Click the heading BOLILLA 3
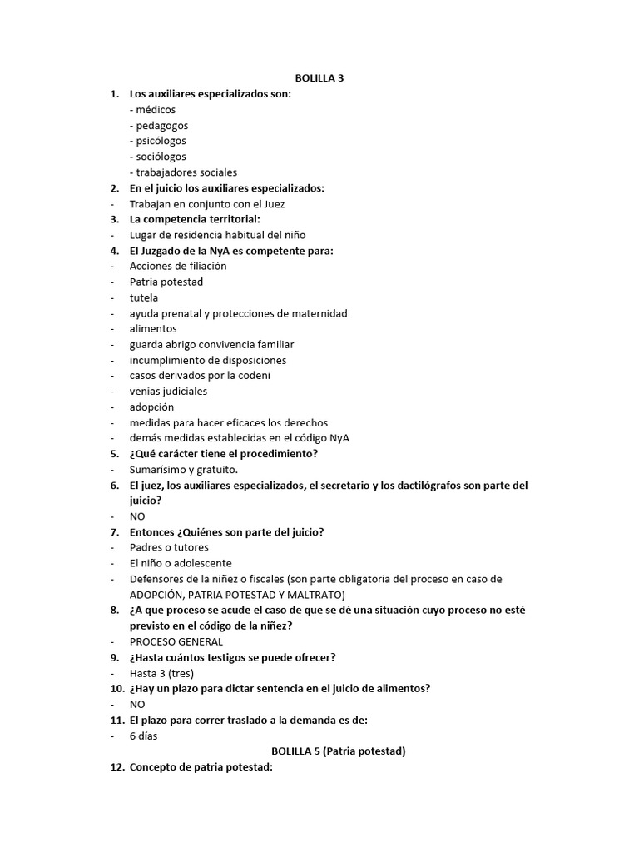click(319, 78)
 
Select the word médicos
click(156, 110)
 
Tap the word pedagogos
click(161, 126)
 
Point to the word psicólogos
click(161, 141)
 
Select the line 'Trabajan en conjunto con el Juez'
click(207, 204)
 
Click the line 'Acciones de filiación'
click(178, 266)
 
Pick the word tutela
click(144, 297)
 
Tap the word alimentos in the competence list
click(153, 328)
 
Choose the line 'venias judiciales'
click(169, 391)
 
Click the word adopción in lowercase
click(152, 407)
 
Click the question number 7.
click(115, 532)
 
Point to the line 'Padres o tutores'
click(169, 547)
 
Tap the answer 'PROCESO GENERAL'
click(176, 641)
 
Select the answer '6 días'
click(144, 736)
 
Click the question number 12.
click(117, 767)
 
